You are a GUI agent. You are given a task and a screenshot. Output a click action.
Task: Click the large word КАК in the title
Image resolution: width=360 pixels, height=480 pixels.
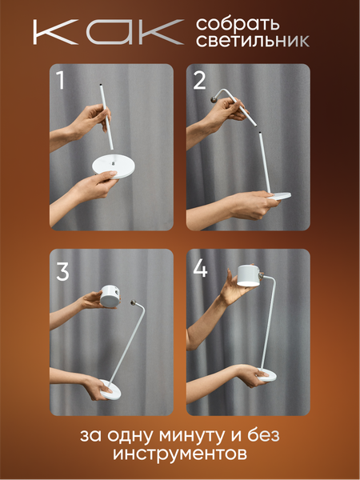[109, 32]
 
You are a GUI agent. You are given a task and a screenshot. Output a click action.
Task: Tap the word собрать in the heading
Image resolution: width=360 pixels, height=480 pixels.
[238, 24]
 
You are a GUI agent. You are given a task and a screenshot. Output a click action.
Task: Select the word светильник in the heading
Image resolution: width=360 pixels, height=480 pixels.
[253, 41]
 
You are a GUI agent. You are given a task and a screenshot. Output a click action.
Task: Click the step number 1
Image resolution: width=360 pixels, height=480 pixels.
[61, 81]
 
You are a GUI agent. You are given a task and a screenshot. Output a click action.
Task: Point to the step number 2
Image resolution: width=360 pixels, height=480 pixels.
[199, 81]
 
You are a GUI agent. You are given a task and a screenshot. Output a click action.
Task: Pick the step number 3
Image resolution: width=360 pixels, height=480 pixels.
[62, 272]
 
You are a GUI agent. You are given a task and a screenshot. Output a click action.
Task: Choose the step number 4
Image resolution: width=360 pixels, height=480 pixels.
[200, 269]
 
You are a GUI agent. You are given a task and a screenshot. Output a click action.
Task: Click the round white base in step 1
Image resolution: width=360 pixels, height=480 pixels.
[114, 166]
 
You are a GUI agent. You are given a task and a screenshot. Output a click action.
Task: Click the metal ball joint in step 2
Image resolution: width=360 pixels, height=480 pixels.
[213, 99]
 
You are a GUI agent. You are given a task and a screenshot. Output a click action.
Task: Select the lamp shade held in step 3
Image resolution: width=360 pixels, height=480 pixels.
[110, 296]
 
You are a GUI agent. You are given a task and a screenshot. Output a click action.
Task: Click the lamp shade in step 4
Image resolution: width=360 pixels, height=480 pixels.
[249, 276]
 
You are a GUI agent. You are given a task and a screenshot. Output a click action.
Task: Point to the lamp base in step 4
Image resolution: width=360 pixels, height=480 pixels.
[267, 375]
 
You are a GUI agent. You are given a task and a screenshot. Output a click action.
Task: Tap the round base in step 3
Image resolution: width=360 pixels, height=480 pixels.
[110, 390]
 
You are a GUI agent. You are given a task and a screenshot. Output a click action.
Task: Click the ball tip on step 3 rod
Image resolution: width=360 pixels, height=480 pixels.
[134, 302]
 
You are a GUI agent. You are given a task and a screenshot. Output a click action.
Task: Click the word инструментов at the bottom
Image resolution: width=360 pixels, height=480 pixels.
[180, 454]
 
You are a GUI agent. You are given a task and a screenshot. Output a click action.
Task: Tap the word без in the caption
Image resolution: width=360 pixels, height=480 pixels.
[264, 434]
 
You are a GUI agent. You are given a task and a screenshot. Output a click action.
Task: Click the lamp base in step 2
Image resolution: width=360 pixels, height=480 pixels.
[279, 196]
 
